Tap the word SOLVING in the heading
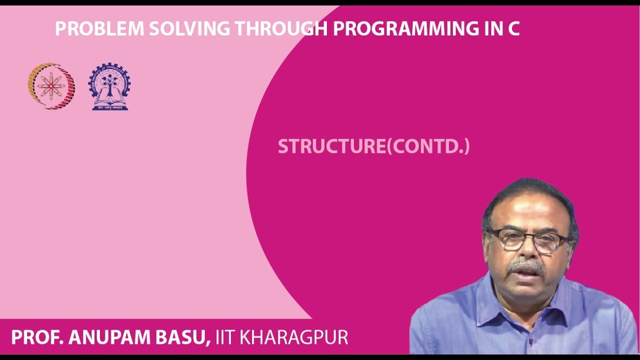190,29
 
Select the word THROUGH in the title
281,29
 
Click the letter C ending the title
513,29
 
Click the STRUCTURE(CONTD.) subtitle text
373,146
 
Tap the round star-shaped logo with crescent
51,86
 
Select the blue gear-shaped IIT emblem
109,86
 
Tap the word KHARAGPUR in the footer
294,337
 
